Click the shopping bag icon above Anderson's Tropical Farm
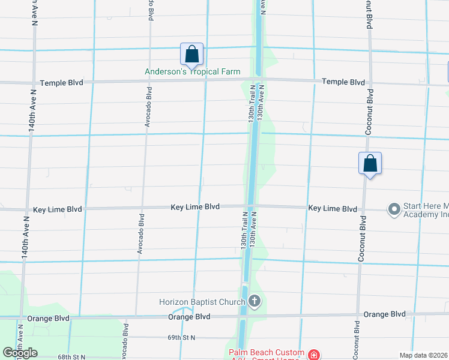pos(191,54)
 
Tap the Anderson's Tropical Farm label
pos(192,72)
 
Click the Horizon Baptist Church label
pos(202,302)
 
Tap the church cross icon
pos(255,301)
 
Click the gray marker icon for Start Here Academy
pos(394,209)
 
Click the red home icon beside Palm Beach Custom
pos(313,355)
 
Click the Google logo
pos(20,353)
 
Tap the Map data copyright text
pos(424,355)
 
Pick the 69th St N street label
pos(181,338)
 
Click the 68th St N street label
pos(72,357)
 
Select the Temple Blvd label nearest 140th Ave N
pos(61,83)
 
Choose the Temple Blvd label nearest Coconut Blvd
pos(343,82)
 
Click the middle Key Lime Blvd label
pos(195,206)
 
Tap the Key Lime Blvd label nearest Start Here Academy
pos(333,208)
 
